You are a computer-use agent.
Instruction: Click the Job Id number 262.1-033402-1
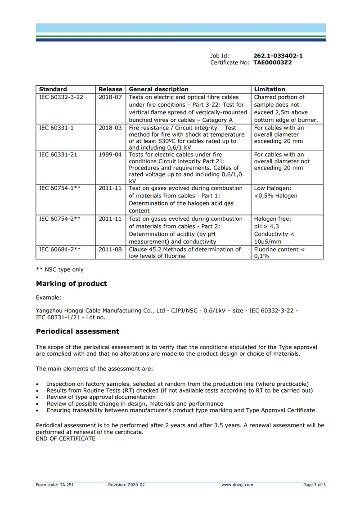coord(278,56)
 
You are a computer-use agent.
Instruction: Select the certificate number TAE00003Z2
coord(272,63)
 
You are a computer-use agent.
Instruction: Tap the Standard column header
coord(53,89)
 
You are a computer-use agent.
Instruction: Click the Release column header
coord(110,89)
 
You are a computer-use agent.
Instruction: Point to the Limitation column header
coord(270,89)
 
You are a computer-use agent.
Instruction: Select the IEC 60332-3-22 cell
coord(61,97)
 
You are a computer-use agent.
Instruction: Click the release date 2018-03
coord(110,128)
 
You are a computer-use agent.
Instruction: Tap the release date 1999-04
coord(110,155)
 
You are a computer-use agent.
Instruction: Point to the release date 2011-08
coord(110,249)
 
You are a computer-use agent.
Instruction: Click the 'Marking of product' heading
coord(72,284)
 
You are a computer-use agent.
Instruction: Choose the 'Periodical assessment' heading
coord(77,331)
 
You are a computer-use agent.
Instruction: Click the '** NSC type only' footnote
coord(59,270)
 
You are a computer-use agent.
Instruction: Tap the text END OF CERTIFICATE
coord(65,438)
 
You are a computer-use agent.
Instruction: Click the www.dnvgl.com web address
coord(237,485)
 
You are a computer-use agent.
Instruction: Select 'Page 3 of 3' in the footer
coord(314,485)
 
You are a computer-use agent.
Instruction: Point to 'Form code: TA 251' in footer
coord(51,485)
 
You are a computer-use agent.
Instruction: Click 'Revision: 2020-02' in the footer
coord(126,485)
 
